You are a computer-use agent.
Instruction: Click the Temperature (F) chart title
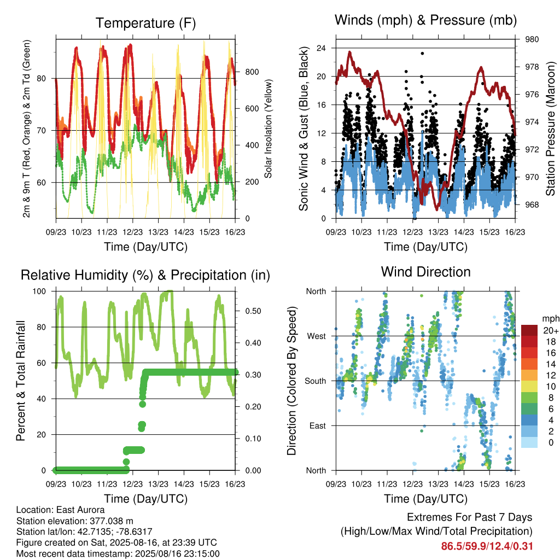[145, 23]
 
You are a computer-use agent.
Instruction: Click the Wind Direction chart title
[425, 272]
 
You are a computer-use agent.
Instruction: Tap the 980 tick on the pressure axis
[532, 39]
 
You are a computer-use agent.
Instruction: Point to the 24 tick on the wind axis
[321, 48]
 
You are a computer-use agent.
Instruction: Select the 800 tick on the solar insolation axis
[252, 72]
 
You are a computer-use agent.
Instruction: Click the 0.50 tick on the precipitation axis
[253, 311]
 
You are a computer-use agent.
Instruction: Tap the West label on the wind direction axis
[317, 336]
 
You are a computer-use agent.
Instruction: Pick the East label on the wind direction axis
[318, 425]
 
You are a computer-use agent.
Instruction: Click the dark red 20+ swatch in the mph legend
[529, 330]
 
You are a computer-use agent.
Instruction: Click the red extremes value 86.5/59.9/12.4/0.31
[487, 546]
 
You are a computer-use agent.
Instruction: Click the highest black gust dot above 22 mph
[422, 54]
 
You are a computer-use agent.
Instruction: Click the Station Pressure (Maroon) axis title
[550, 129]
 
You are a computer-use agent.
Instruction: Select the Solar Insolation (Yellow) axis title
[268, 129]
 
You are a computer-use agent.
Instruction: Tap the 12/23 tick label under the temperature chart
[132, 232]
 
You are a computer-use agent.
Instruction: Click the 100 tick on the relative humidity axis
[39, 291]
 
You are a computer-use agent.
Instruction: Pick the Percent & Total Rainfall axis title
[21, 381]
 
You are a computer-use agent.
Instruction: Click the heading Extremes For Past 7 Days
[470, 517]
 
